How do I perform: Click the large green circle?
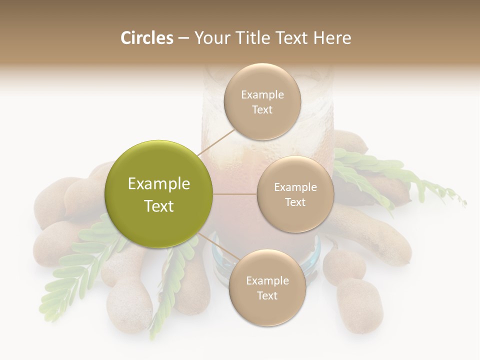tap(159, 194)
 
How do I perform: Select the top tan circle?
tap(262, 102)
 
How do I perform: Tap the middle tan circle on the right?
tap(295, 194)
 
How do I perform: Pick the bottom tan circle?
tap(267, 288)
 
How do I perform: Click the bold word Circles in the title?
tap(147, 38)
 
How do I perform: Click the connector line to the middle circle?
tap(235, 194)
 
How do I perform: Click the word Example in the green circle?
tap(159, 183)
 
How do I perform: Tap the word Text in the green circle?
tap(159, 205)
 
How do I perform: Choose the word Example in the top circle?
tap(262, 94)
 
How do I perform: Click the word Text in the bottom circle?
tap(267, 295)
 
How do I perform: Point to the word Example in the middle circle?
tap(295, 187)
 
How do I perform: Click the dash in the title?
tap(183, 38)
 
